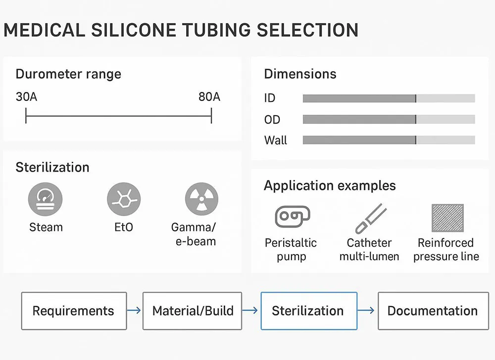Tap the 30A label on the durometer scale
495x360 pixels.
pos(26,96)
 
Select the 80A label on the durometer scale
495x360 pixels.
pos(209,96)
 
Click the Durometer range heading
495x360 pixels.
pos(68,74)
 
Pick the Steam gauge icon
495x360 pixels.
pos(46,200)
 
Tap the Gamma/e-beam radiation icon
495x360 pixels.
pos(201,200)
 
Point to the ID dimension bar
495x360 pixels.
pos(389,98)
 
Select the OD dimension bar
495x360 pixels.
pos(389,119)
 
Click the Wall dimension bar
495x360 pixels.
pos(389,140)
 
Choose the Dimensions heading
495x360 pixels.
pos(300,74)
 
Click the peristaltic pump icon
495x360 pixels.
pos(292,217)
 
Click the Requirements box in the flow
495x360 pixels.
pos(74,311)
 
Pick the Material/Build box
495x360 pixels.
pos(193,311)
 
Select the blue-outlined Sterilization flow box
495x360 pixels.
pos(308,311)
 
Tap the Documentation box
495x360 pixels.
pos(432,311)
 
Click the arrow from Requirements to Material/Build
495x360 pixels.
pos(134,311)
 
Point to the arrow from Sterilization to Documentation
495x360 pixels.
pos(367,311)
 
